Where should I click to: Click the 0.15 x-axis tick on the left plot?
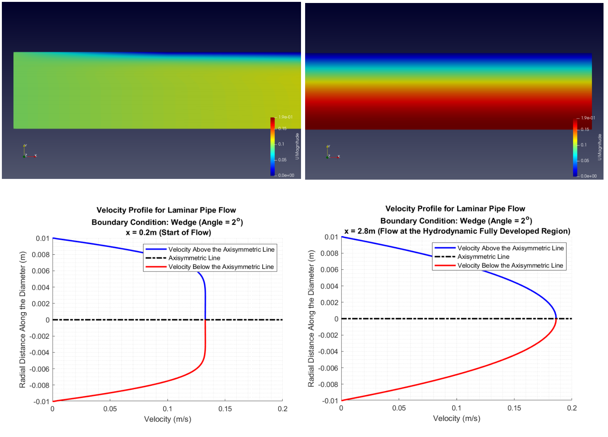click(225, 409)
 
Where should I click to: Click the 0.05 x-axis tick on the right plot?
click(399, 408)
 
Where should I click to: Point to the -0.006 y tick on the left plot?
click(40, 369)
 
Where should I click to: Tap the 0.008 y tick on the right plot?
click(329, 253)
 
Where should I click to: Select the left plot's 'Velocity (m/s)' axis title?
click(168, 419)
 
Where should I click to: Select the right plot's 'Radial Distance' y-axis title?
click(311, 319)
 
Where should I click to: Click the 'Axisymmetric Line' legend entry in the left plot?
click(194, 258)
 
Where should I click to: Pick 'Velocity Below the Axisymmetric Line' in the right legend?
click(510, 266)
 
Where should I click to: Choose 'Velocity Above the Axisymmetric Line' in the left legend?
click(221, 250)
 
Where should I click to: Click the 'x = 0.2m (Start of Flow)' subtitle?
click(168, 233)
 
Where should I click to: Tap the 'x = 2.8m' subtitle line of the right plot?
click(457, 231)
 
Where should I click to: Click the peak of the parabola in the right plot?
click(556, 319)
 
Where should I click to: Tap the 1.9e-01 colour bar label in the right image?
click(588, 118)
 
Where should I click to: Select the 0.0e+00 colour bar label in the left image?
click(286, 175)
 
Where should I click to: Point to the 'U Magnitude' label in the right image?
click(599, 147)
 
